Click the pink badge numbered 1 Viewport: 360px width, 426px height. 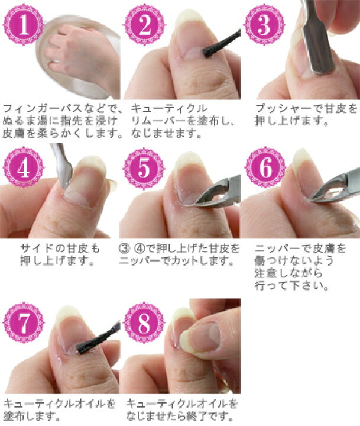tap(24, 25)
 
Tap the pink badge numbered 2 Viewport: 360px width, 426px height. tap(144, 25)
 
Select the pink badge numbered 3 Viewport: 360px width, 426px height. tap(264, 25)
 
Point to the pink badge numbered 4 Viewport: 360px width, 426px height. tap(24, 167)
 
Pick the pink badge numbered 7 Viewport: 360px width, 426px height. tap(24, 322)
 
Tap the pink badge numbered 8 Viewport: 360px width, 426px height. tap(144, 322)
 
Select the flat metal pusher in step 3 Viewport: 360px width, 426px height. tap(317, 38)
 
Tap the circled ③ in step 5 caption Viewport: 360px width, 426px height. tap(124, 248)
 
